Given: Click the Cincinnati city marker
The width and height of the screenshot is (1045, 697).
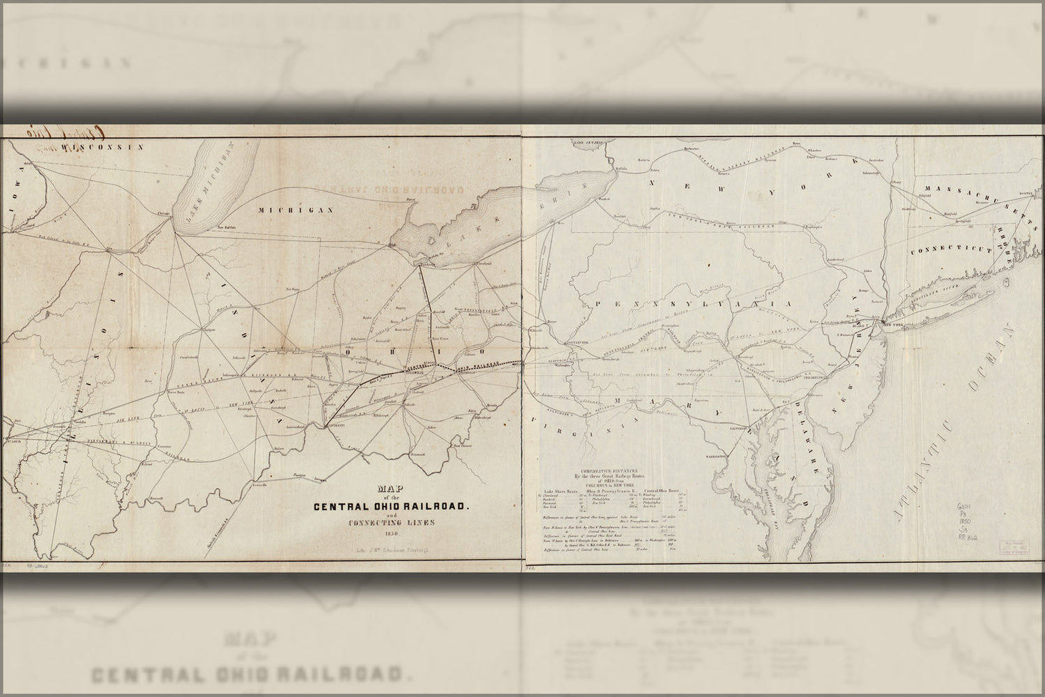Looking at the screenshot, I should click(x=325, y=426).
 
